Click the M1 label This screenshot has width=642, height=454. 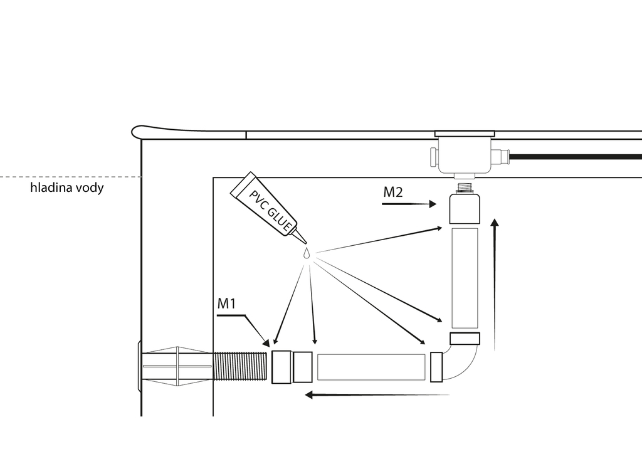coord(226,304)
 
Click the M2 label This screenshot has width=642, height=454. coord(393,192)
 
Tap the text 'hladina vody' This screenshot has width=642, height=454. coord(66,188)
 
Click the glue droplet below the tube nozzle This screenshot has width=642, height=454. coord(306,253)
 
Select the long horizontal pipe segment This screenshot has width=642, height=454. coord(371,367)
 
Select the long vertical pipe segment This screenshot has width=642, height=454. coord(465,278)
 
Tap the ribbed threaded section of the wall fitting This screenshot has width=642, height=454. coord(240,366)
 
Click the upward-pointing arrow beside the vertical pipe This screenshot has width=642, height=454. coord(495,285)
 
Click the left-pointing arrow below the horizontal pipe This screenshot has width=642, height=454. coord(377,394)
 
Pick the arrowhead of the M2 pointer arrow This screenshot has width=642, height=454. coord(433,204)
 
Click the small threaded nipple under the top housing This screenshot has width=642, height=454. coord(465,187)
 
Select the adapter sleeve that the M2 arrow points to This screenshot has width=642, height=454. coord(465,208)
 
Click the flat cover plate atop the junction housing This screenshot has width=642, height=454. coord(465,134)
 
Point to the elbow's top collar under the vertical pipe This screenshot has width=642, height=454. coord(465,339)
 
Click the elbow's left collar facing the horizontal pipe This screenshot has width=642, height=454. coord(436,367)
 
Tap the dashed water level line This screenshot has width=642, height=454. coord(70,177)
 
